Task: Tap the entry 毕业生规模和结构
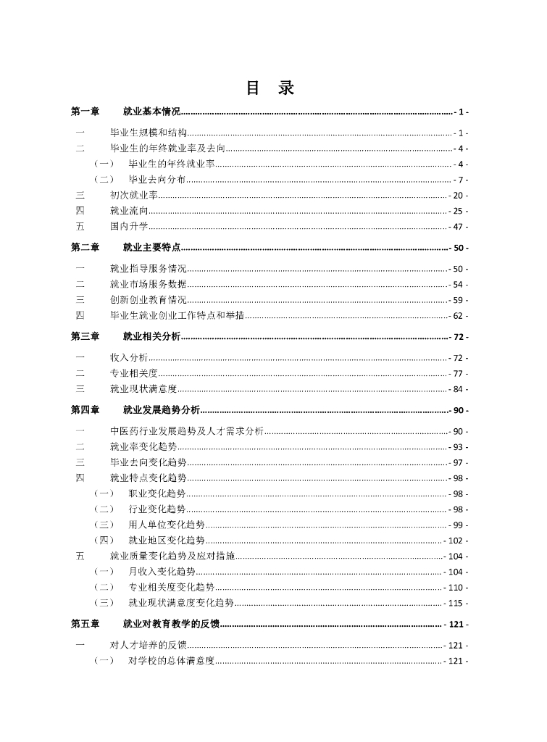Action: (149, 133)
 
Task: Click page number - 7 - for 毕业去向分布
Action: (459, 180)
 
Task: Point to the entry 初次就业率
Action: (134, 196)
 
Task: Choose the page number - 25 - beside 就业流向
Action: (456, 211)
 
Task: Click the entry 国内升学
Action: (129, 227)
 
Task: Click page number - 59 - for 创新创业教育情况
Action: (456, 300)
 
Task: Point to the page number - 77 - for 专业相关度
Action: (456, 373)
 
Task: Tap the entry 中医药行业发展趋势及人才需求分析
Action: (187, 432)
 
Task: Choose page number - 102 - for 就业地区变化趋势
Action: (454, 541)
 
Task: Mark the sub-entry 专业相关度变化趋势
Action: (171, 587)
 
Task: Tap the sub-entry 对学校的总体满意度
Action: (171, 661)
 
